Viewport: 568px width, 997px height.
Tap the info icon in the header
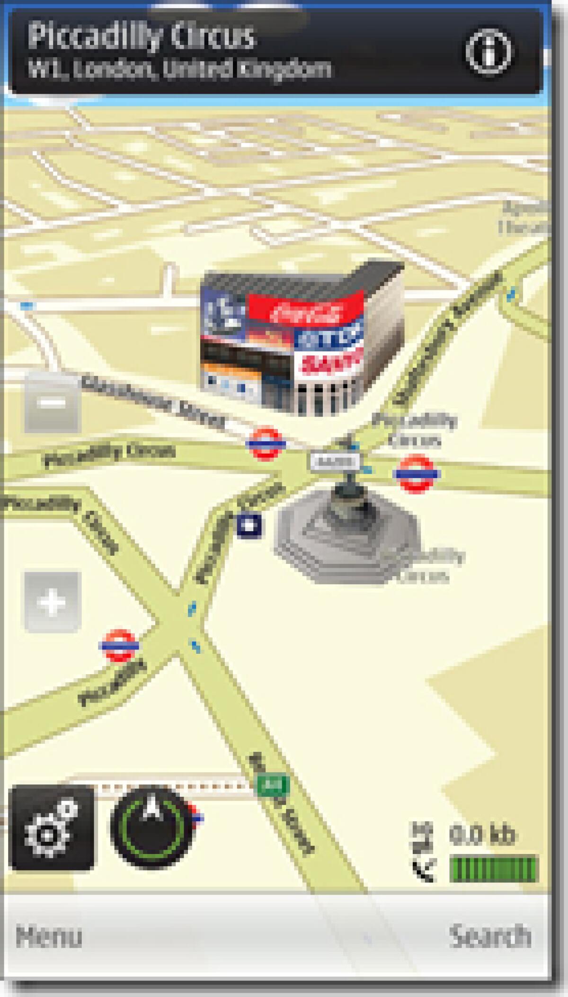point(488,52)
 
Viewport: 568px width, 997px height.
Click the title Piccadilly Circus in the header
point(141,36)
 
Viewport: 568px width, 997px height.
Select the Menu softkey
point(49,936)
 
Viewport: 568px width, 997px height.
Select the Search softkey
point(490,935)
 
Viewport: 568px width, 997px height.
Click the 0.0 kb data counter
point(482,835)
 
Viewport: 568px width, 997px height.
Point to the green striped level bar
point(494,869)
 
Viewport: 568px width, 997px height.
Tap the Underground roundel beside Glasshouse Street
point(266,444)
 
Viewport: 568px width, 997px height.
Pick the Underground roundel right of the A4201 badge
point(416,473)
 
